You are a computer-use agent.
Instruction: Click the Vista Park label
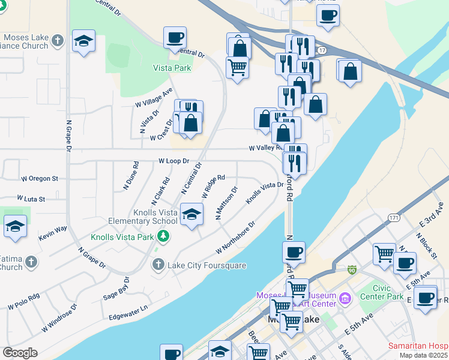tap(172, 68)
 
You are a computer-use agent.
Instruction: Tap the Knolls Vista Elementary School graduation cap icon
tap(191, 214)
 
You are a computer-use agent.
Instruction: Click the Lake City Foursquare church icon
tap(158, 263)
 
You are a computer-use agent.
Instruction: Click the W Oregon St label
tap(40, 179)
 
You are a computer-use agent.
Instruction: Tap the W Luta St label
tap(31, 198)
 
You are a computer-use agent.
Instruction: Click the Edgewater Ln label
tap(128, 316)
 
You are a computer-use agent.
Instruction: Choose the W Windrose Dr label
tap(59, 317)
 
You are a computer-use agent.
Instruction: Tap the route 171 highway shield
tap(394, 217)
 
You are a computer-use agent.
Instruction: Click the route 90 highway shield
tap(352, 271)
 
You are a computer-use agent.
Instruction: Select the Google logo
tap(20, 353)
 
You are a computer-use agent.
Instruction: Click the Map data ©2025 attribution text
tap(423, 355)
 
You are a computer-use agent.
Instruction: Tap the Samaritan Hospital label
tap(418, 346)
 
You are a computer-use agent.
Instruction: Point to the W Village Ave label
tap(154, 98)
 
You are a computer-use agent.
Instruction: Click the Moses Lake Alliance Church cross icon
tap(57, 41)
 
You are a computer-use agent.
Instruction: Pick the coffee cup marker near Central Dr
tap(175, 37)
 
